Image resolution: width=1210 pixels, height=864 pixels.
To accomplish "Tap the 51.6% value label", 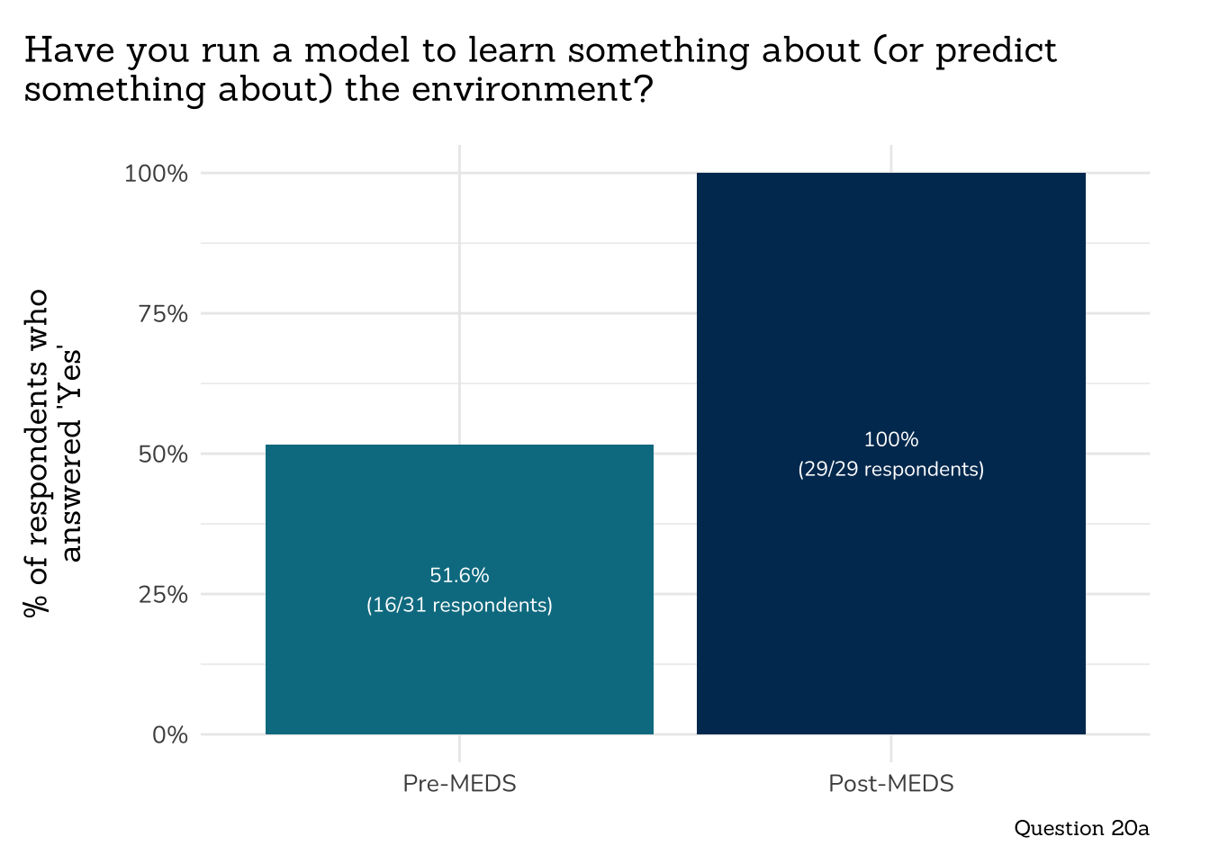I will click(459, 575).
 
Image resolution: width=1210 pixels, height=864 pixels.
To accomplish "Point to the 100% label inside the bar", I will click(890, 439).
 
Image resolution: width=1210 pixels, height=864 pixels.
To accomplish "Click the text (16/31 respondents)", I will click(459, 605).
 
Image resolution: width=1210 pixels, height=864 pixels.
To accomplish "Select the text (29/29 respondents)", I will click(890, 469).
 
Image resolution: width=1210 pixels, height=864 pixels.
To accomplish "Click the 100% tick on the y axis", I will click(156, 173).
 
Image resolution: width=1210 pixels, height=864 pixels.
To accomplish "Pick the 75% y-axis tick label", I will click(162, 313).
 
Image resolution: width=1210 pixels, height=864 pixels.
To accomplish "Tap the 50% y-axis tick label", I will click(162, 454).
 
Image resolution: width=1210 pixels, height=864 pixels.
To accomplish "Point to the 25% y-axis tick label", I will click(162, 594).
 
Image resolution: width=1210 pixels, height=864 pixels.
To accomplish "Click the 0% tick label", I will click(169, 734).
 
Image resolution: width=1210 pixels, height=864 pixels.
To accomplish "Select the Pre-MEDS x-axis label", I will click(459, 783).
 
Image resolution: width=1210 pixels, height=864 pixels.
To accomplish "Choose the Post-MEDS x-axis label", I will click(890, 783).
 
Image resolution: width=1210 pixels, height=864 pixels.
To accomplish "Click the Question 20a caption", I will click(1081, 828).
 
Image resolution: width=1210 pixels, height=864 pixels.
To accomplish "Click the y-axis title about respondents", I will click(52, 453).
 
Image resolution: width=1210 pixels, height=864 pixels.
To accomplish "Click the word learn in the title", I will click(512, 50).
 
